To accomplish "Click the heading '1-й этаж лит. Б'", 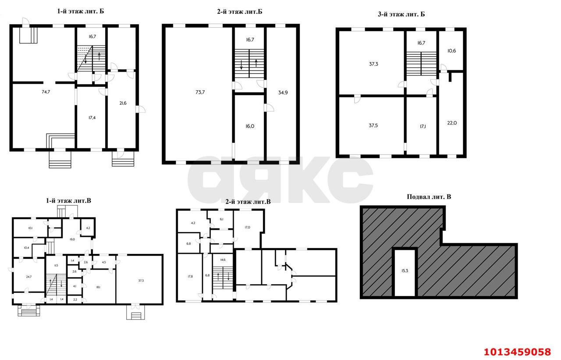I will (80, 11).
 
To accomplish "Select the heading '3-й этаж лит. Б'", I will (401, 14).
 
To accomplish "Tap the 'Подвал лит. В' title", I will (429, 197).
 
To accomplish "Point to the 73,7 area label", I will (200, 92).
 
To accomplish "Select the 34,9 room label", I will (283, 93).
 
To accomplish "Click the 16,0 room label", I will (249, 126).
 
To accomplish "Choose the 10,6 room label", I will (451, 50).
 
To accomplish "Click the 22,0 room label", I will (451, 123).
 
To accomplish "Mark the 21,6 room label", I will (123, 103).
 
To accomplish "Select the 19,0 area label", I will (71, 239).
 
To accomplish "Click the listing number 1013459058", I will (517, 352).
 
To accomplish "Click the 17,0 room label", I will (247, 227).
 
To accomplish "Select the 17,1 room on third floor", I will (422, 126).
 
